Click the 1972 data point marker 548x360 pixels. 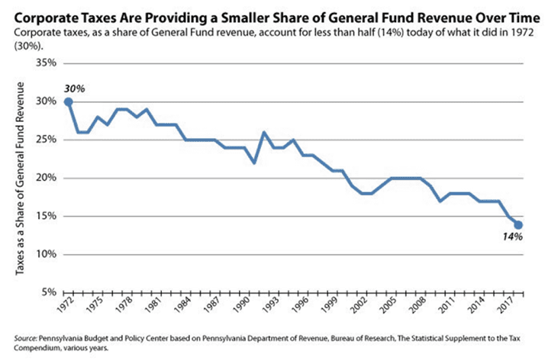click(69, 102)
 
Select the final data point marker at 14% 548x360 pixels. click(518, 225)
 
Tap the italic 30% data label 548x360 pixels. click(75, 89)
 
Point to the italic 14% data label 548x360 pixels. click(513, 236)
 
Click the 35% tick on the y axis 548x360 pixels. click(46, 63)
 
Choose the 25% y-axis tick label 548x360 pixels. click(46, 140)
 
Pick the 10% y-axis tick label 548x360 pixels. click(46, 254)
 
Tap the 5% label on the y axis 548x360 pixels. click(49, 292)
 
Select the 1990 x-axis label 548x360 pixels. click(242, 305)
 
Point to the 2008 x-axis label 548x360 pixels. click(418, 305)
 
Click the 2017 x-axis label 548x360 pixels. click(507, 305)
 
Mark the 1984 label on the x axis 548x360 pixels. click(183, 305)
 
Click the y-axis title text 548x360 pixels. click(20, 178)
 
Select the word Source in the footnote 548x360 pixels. click(25, 339)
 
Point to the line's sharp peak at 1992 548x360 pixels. click(264, 133)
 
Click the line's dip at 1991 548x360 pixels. click(254, 162)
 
